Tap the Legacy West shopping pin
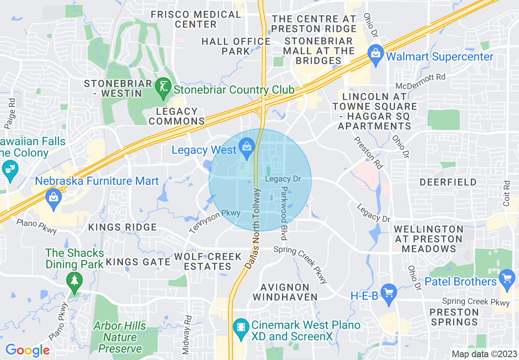(246, 148)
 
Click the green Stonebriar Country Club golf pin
(163, 88)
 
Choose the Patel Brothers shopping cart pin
(508, 279)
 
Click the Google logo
(27, 350)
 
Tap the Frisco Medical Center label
(196, 19)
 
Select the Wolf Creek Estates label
(208, 261)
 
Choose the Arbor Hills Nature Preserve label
(120, 337)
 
